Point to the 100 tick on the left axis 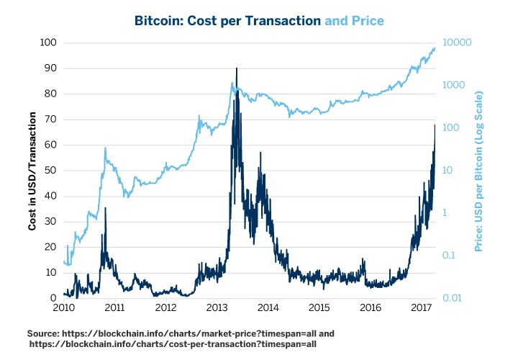coord(47,42)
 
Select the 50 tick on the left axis coord(49,171)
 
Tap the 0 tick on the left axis coord(53,298)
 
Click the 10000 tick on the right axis coord(456,42)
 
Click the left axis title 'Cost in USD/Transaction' coord(32,171)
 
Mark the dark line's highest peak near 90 coord(237,68)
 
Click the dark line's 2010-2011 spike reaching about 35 coord(105,208)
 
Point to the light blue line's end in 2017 coord(435,48)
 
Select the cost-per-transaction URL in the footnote coord(173,345)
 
